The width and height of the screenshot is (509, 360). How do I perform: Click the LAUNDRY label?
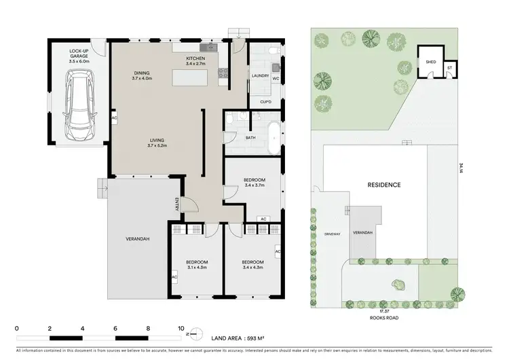pos(260,76)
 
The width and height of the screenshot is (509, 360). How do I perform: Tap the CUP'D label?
pos(266,102)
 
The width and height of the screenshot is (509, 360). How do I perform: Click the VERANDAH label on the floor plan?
pos(137,239)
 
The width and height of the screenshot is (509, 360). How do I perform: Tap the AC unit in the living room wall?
pos(114,118)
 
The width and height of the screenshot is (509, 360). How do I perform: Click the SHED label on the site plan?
pos(430,62)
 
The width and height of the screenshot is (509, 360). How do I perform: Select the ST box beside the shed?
pos(449,68)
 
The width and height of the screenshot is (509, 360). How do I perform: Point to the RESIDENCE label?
pos(384,185)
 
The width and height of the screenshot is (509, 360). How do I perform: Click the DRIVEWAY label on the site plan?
pos(331,233)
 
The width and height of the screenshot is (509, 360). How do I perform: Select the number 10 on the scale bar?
pos(181,328)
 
